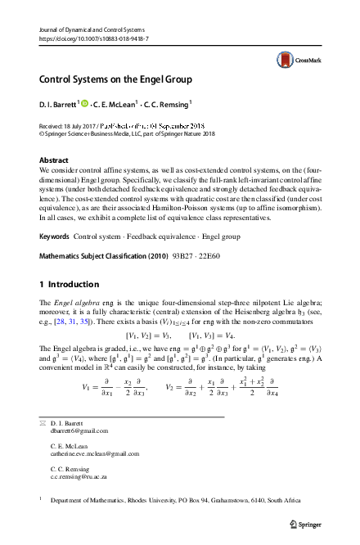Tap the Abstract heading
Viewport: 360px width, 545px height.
(x=53, y=160)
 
